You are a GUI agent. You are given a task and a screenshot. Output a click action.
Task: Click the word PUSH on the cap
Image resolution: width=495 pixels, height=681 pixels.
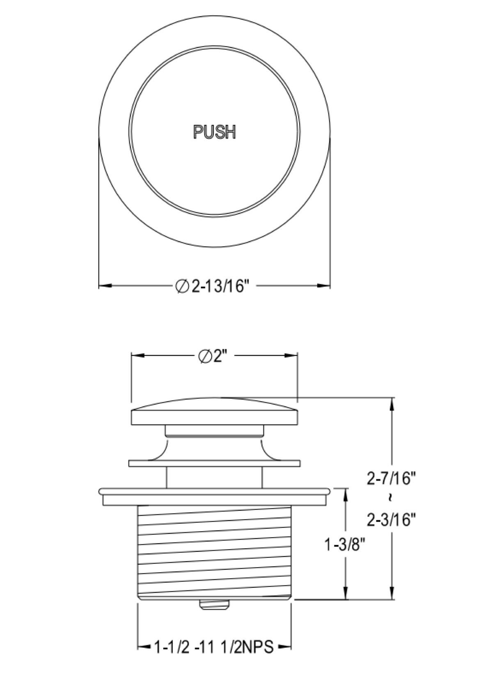click(x=214, y=132)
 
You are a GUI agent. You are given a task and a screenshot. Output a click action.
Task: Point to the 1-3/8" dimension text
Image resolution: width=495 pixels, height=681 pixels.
click(x=345, y=545)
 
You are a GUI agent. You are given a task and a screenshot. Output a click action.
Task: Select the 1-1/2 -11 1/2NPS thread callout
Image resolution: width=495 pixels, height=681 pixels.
click(x=213, y=648)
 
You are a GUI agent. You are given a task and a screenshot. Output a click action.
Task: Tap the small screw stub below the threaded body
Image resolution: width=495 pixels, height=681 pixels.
click(x=214, y=605)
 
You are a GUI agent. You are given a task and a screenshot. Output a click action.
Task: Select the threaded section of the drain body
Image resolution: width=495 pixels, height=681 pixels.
click(x=214, y=550)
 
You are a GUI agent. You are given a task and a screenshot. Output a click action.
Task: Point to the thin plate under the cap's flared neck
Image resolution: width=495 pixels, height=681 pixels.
click(x=214, y=463)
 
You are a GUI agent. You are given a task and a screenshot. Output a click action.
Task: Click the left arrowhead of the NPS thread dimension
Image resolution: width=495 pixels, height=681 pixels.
click(x=142, y=648)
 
